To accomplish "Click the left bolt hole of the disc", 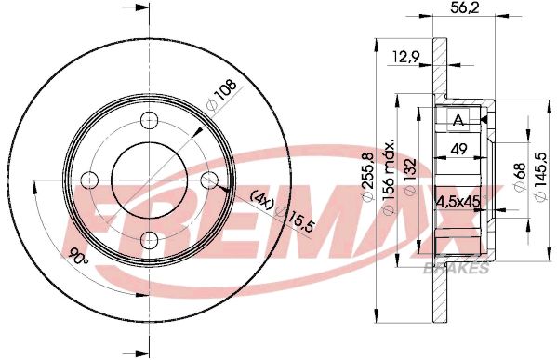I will (x=89, y=180).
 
